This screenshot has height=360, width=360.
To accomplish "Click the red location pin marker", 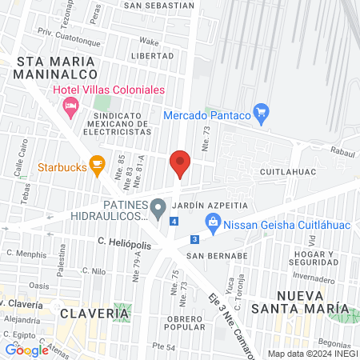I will click(180, 165).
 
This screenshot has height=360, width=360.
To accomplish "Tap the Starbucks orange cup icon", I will click(98, 167).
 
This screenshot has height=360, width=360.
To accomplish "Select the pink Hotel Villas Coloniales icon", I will click(71, 105).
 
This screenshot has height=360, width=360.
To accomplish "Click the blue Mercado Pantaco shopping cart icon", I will click(260, 114).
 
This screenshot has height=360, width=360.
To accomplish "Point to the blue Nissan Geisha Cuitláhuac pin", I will click(213, 225).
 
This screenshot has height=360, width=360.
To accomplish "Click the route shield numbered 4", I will click(174, 220).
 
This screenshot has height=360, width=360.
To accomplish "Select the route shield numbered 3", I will click(194, 238).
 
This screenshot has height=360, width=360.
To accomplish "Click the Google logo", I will click(26, 350).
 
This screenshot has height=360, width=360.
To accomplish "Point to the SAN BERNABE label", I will click(215, 256).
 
